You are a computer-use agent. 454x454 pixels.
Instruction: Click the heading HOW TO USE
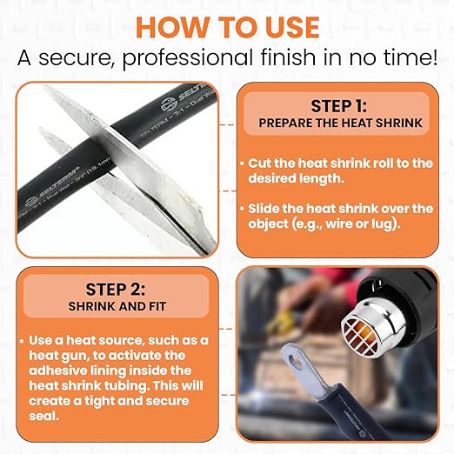(228, 28)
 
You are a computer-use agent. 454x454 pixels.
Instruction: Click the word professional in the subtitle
(187, 57)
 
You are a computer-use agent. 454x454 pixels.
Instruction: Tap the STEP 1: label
(338, 106)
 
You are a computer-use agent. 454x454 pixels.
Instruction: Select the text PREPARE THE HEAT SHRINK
(340, 123)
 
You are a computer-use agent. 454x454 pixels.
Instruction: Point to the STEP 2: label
(116, 290)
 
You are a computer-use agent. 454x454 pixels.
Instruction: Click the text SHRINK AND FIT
(117, 306)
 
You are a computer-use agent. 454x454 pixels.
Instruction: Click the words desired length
(296, 178)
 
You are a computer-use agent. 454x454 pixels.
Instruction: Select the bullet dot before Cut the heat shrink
(242, 164)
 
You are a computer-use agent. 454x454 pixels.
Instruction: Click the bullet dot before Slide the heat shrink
(242, 209)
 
